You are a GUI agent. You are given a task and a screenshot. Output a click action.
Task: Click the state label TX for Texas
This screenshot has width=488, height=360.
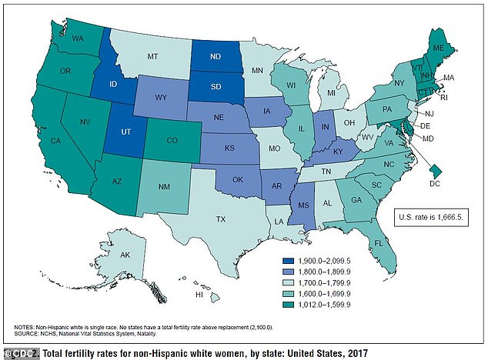coord(220,219)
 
